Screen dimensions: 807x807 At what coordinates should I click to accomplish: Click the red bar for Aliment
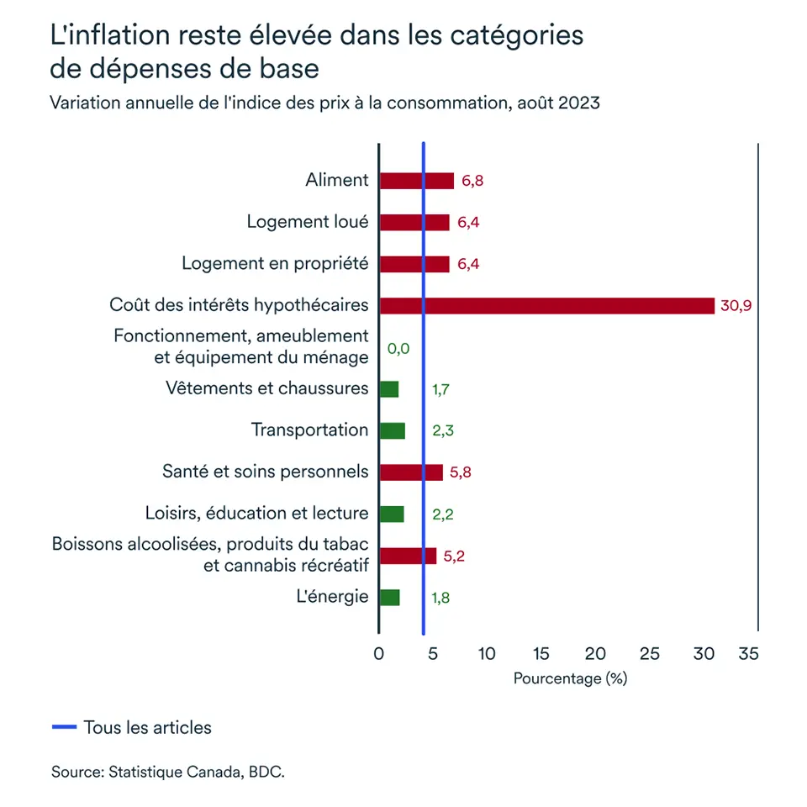[x=416, y=181]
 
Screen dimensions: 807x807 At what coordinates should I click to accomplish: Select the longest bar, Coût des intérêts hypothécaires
[x=546, y=305]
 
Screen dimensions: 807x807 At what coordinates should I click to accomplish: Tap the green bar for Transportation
[x=392, y=430]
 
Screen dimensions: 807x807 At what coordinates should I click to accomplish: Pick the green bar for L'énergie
[x=389, y=598]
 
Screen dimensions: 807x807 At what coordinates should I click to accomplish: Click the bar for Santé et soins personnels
[x=410, y=472]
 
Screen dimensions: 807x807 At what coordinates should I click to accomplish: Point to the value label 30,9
[x=736, y=306]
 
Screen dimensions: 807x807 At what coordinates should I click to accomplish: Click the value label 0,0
[x=398, y=348]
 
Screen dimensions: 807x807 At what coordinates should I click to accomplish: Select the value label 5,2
[x=454, y=556]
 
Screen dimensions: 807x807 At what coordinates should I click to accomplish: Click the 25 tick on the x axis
[x=649, y=654]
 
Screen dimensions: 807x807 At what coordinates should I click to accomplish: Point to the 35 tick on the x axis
[x=748, y=654]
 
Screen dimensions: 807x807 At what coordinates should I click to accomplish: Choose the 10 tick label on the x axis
[x=487, y=654]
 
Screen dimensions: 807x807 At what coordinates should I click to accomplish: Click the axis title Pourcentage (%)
[x=570, y=678]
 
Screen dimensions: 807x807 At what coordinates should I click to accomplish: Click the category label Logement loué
[x=308, y=222]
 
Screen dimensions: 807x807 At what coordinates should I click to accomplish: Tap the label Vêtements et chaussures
[x=267, y=388]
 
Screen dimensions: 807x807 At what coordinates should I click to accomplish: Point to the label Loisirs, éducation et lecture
[x=256, y=514]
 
